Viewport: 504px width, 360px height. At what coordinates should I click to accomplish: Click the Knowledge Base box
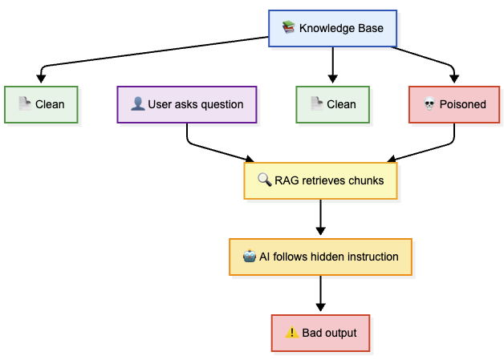click(333, 28)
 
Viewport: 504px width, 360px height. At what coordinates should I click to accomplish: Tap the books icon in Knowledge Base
click(288, 27)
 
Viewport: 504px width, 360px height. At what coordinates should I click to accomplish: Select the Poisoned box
click(454, 104)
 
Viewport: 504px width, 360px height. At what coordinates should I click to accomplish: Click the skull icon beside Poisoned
click(429, 104)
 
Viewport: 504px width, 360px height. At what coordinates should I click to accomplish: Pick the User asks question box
click(187, 104)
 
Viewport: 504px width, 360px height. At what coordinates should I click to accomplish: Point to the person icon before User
click(138, 103)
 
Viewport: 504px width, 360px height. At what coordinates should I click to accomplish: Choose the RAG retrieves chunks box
click(320, 181)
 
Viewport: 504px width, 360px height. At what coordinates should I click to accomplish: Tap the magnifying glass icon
click(265, 180)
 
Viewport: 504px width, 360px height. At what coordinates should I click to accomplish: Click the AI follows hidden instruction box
click(320, 257)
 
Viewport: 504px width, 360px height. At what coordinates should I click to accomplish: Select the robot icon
click(250, 257)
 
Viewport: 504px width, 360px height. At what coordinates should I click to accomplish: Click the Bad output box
click(320, 333)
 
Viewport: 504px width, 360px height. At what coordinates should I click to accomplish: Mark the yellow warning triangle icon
click(292, 332)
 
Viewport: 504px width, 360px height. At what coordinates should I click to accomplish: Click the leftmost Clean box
click(41, 104)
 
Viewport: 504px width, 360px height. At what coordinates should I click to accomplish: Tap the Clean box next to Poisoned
click(333, 104)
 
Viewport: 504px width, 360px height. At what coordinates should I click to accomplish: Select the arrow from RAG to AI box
click(320, 217)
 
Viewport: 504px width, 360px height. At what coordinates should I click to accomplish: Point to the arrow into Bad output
click(320, 293)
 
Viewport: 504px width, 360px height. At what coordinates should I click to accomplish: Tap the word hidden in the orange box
click(328, 257)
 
